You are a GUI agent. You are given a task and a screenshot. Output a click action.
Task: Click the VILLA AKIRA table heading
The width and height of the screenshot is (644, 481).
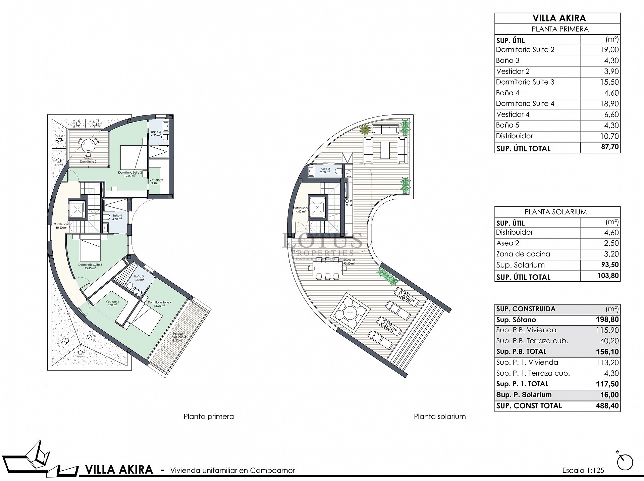coord(557,18)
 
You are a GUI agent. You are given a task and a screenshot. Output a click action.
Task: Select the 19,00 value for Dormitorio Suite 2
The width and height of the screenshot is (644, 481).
coord(609,50)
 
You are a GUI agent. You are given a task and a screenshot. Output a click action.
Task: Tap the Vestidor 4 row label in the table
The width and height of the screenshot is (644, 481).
coord(513,114)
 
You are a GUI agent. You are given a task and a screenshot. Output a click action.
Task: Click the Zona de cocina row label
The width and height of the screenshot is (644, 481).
coord(523,254)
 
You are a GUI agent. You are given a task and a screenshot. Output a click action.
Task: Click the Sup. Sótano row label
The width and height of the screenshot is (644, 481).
coord(516,320)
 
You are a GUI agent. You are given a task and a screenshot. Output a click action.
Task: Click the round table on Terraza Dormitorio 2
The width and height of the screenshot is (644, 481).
coord(89,145)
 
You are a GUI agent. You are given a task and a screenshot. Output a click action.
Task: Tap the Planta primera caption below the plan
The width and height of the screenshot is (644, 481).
coord(209,417)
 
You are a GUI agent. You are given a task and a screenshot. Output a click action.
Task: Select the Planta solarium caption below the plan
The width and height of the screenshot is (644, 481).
coord(440,417)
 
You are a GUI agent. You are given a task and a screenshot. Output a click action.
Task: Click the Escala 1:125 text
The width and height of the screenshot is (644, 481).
coord(583,470)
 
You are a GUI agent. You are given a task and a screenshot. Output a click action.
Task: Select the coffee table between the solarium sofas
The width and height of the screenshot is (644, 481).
coord(385,149)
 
